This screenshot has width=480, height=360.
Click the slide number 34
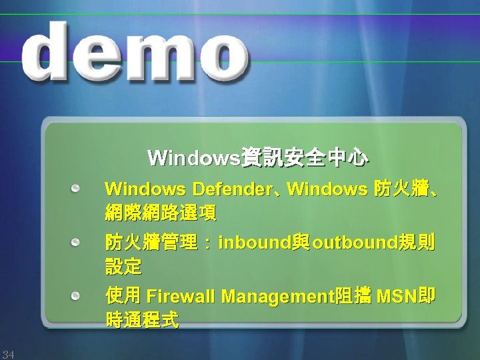[8, 353]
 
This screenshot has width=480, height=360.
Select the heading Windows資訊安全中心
[257, 159]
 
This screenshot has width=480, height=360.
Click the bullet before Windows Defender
[78, 189]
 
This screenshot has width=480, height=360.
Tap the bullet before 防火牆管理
[78, 241]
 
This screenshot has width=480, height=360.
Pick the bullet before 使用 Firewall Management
[78, 294]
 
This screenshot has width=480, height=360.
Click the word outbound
[355, 242]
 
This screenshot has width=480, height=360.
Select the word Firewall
[181, 295]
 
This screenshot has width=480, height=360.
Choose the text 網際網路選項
[160, 214]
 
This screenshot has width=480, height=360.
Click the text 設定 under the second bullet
[123, 267]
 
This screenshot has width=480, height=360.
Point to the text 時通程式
[142, 320]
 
